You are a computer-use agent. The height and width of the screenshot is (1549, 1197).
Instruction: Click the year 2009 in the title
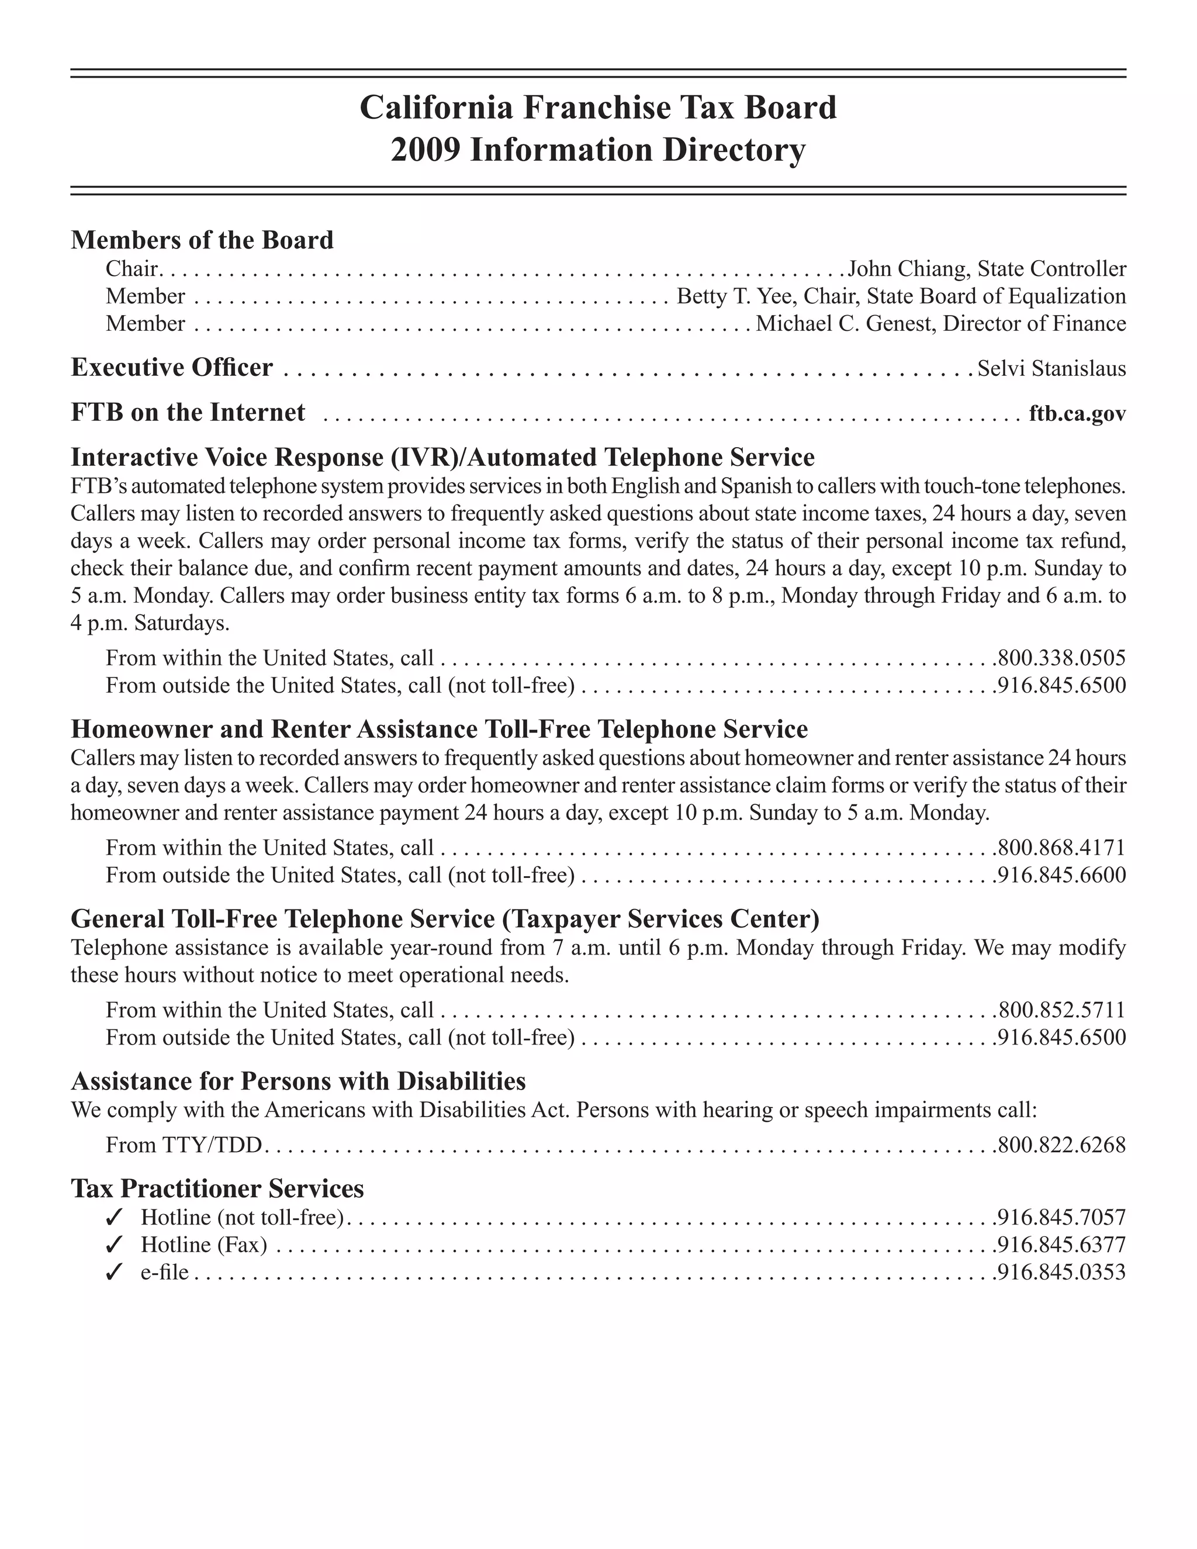tap(425, 150)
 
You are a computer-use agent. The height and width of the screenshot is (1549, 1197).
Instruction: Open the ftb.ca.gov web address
tap(1077, 413)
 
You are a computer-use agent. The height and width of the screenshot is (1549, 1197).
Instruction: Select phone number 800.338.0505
tap(1061, 658)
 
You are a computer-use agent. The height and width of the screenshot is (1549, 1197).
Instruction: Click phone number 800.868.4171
tap(1061, 848)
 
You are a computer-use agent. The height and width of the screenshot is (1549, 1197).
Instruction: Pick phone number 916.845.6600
tap(1061, 875)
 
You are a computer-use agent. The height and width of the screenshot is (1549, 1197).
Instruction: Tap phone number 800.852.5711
tap(1061, 1010)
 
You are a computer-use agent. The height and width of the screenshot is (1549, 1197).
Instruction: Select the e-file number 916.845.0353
tap(1061, 1273)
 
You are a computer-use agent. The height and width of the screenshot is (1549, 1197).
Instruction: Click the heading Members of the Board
tap(202, 240)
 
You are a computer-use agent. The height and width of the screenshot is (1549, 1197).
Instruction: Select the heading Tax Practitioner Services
tap(217, 1188)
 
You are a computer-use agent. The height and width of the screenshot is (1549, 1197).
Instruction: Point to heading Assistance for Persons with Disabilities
tap(298, 1081)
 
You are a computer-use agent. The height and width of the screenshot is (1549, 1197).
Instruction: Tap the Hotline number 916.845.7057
tap(1061, 1218)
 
